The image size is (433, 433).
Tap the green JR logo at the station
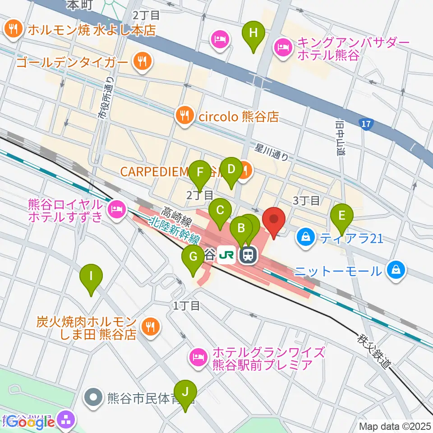(226, 256)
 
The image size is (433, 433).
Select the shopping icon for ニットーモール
(396, 271)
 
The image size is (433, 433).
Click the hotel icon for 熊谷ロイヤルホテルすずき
(116, 209)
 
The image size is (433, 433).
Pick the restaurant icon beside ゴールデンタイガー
(142, 61)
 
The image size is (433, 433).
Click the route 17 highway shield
(366, 123)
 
